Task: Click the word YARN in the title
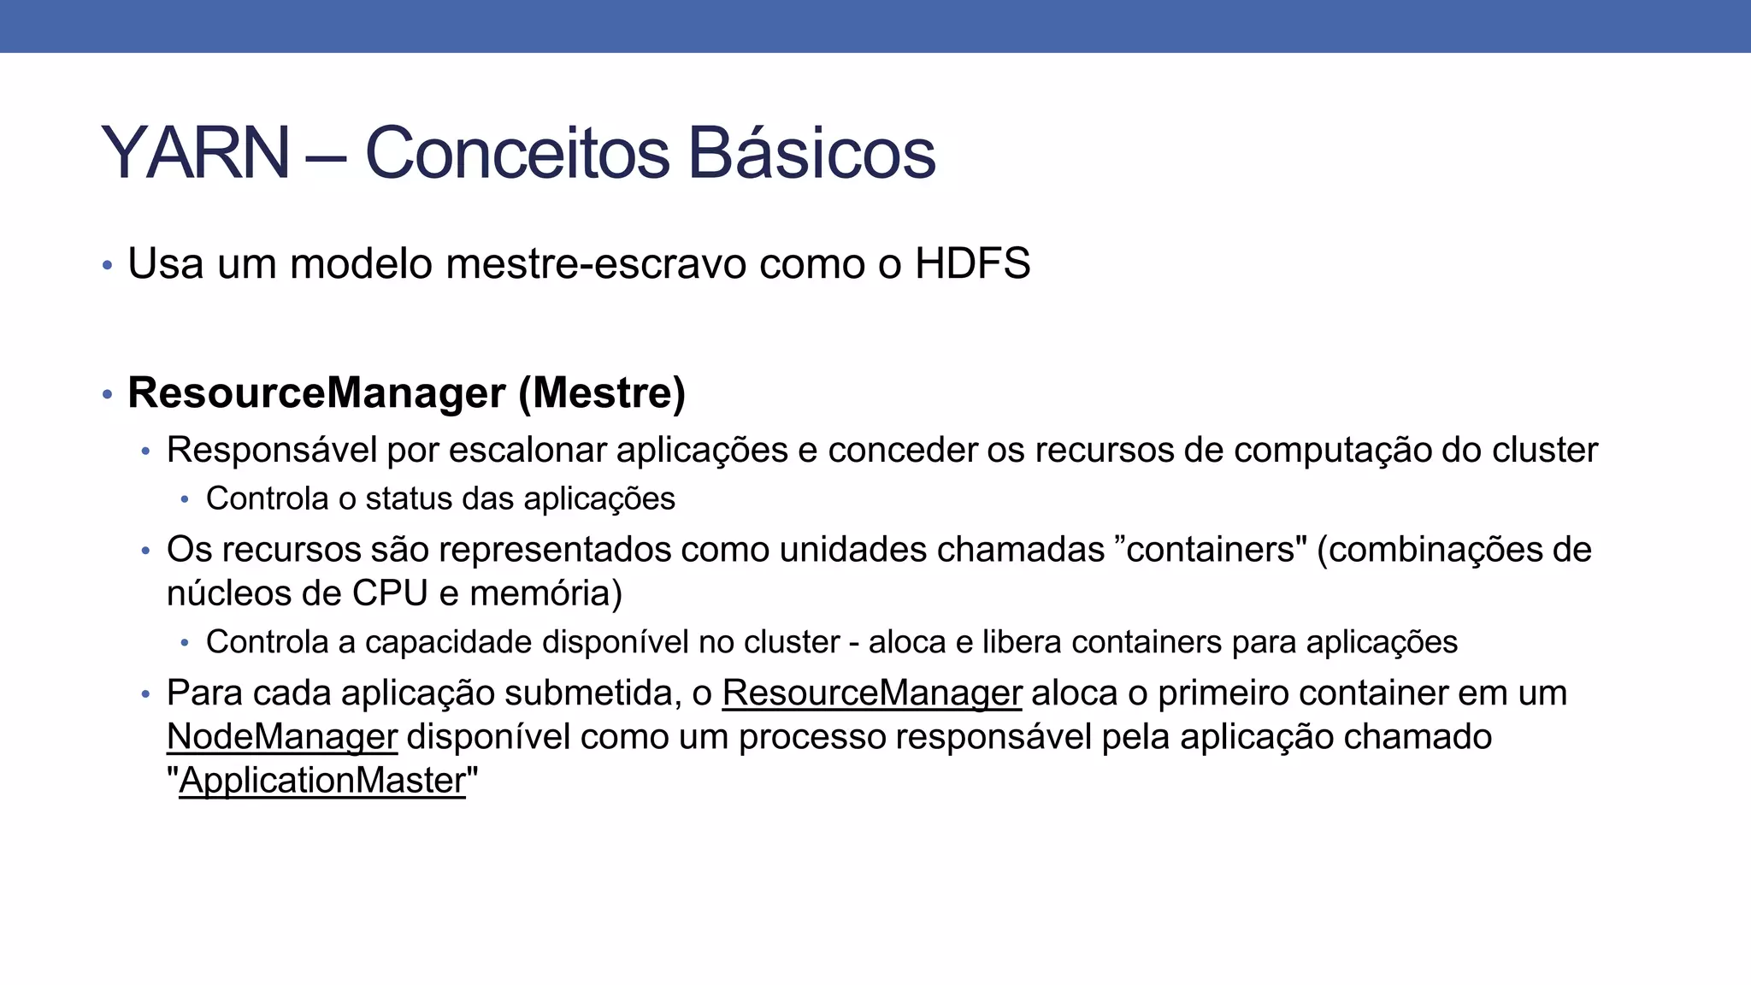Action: click(x=196, y=153)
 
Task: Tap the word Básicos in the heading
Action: click(x=811, y=153)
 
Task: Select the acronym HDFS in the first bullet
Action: click(x=972, y=263)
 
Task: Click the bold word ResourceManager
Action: click(x=316, y=393)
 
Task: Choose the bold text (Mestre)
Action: click(x=602, y=393)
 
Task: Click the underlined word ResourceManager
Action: click(x=871, y=693)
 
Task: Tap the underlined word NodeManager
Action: click(x=282, y=736)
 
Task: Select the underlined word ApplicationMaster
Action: click(x=322, y=781)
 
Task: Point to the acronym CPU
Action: click(x=390, y=593)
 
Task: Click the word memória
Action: click(x=546, y=593)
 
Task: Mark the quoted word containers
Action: click(x=1210, y=549)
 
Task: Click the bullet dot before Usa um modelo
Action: click(x=107, y=265)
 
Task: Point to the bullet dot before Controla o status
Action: click(x=185, y=499)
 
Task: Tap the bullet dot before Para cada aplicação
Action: click(x=145, y=693)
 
